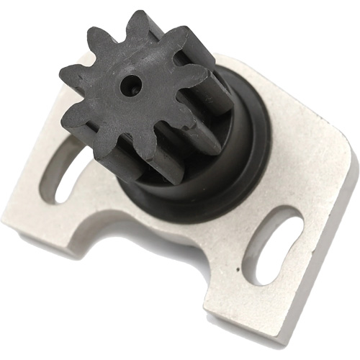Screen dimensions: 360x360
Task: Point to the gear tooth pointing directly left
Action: (70, 75)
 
